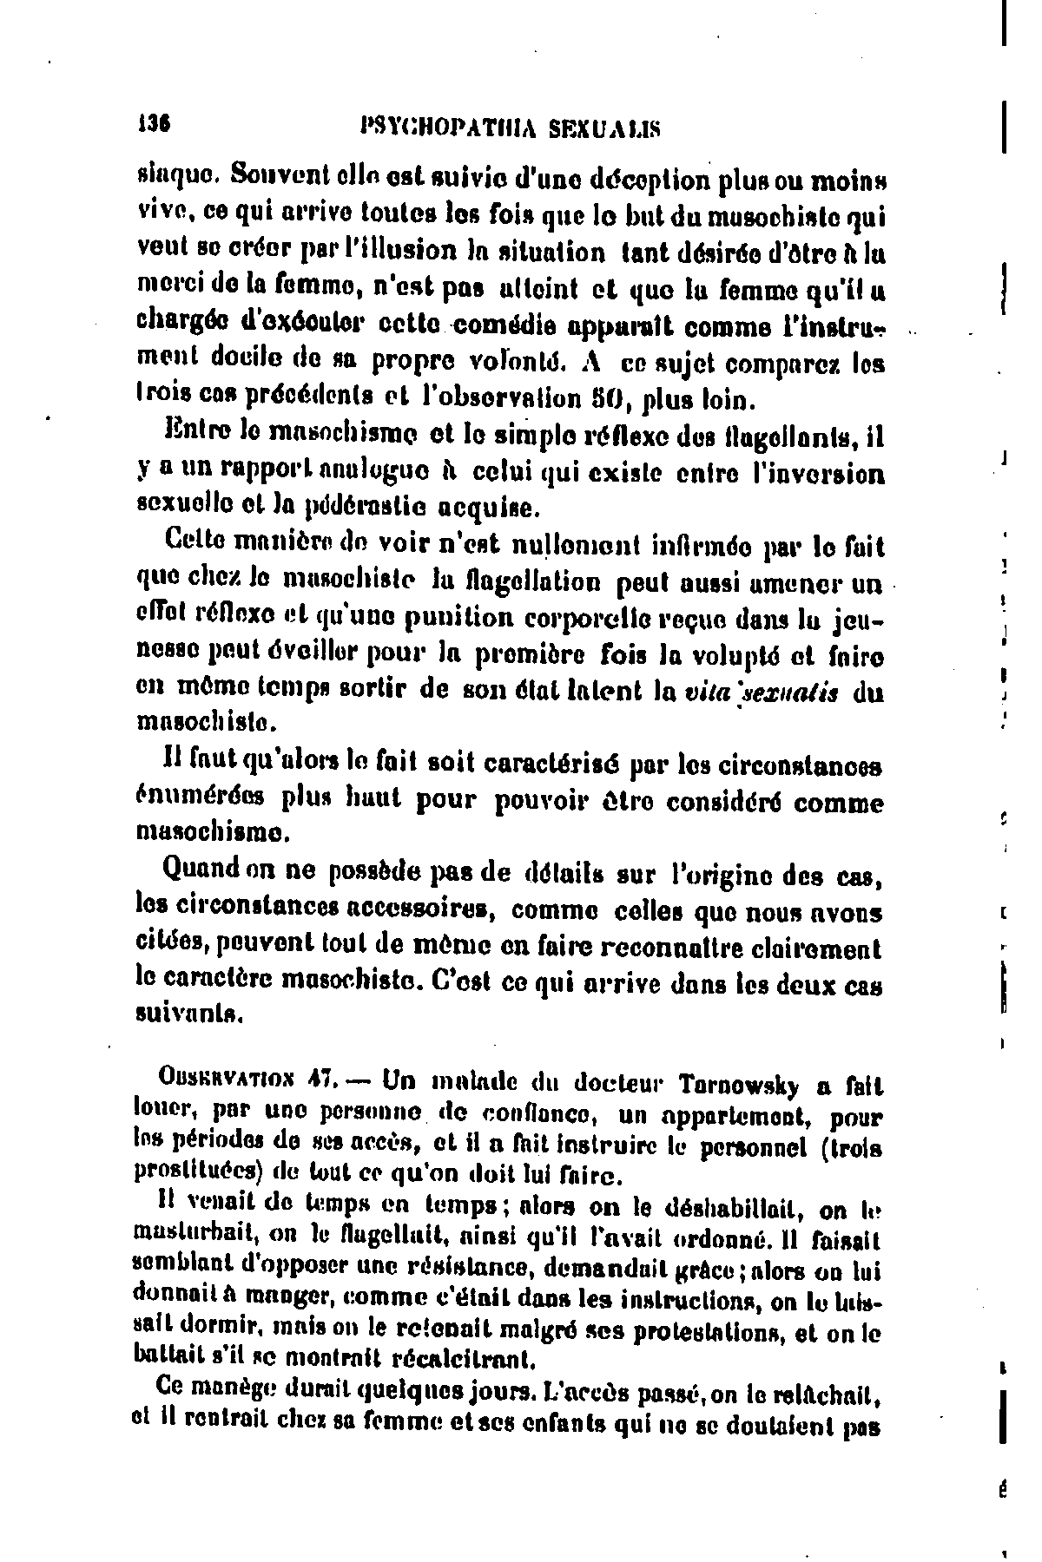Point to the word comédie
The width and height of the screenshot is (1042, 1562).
pos(506,328)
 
